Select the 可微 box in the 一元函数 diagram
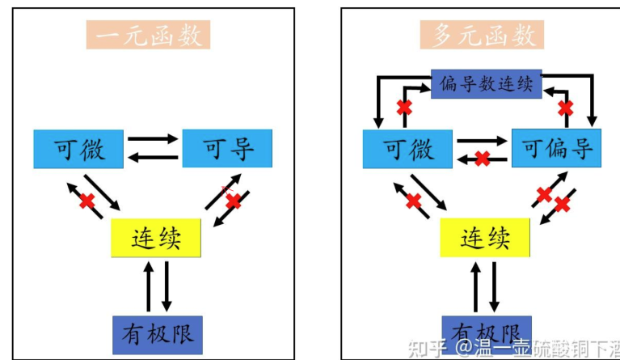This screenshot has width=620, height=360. (x=79, y=149)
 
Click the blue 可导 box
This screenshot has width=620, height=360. (x=226, y=149)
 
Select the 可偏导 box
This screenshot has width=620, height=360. (x=557, y=149)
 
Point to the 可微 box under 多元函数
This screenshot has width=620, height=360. (x=407, y=149)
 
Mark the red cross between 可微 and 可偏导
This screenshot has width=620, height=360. (x=483, y=159)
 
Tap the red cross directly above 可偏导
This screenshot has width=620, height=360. (x=566, y=107)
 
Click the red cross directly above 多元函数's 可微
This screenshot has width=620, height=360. (x=403, y=107)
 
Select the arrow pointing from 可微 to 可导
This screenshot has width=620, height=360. (x=153, y=138)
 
